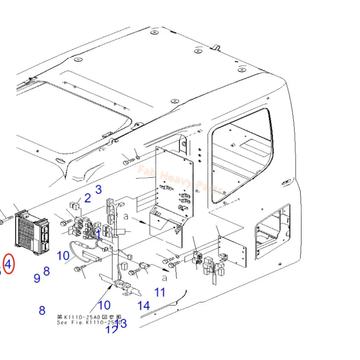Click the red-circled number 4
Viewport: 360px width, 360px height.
[9, 264]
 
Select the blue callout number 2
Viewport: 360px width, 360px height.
[87, 198]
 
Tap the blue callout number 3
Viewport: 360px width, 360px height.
[98, 189]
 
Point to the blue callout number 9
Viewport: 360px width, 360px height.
[37, 278]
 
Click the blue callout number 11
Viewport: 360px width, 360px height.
[160, 292]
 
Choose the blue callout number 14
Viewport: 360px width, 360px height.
[144, 306]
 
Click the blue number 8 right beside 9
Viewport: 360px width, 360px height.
[46, 271]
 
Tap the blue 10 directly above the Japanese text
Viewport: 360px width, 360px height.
[104, 305]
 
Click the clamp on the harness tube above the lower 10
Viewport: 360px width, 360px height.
[120, 285]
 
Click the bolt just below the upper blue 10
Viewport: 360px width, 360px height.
[82, 270]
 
